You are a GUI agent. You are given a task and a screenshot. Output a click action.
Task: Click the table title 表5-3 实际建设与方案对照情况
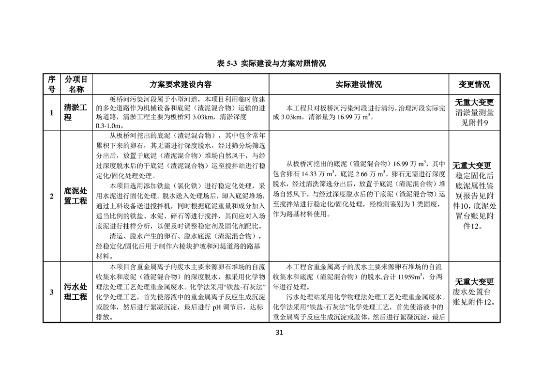point(271,63)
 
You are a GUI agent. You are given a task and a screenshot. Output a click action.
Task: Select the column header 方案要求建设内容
point(181,84)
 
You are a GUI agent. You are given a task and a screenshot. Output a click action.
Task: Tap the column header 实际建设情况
point(359,84)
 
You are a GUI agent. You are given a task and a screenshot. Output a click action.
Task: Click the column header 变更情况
point(474,84)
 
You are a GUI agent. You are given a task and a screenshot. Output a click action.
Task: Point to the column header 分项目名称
point(76,84)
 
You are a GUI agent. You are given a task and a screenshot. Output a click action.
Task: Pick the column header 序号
point(51,84)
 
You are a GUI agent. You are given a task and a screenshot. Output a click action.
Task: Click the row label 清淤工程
point(76,112)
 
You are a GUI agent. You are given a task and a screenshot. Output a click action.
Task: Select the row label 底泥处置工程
point(76,196)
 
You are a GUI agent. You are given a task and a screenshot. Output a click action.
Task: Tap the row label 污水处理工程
point(76,292)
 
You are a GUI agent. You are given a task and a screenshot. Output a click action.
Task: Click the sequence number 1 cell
point(51,113)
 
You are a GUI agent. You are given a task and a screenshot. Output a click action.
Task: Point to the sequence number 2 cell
point(51,196)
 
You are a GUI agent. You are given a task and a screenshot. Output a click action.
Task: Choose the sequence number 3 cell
point(51,292)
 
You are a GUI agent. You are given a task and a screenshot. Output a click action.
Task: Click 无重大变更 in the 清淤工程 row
point(474,103)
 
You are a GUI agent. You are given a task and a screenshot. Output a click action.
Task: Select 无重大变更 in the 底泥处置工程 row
point(472,166)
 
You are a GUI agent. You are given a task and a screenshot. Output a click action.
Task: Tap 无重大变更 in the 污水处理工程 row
point(474,282)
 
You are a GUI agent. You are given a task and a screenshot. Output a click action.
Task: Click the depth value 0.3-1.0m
point(107,126)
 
